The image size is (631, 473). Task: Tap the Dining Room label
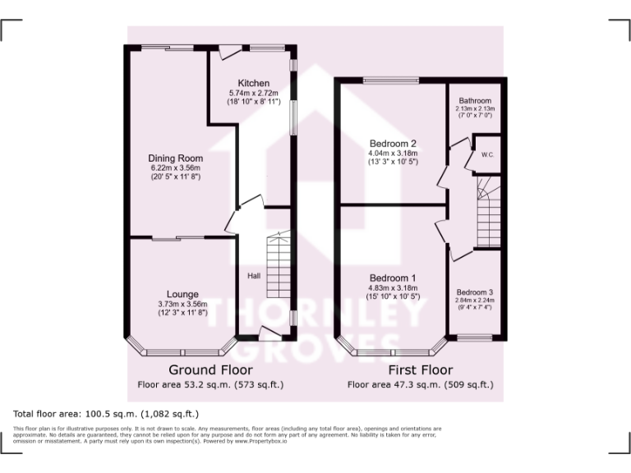coord(175,158)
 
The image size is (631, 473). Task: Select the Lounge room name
coord(182,293)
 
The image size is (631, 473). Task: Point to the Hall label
coord(254,276)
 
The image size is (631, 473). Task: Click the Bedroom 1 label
coord(393,278)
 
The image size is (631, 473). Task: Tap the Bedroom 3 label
coord(475,292)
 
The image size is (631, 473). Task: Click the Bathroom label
coord(475,100)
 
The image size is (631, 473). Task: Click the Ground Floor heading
coord(204,370)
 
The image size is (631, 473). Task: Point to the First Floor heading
coord(420,370)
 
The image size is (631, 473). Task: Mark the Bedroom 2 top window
coord(391,80)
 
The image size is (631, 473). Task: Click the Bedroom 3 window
coord(474,338)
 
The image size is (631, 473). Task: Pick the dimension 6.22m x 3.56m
coord(175,168)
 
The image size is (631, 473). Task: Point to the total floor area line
coord(105,413)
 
